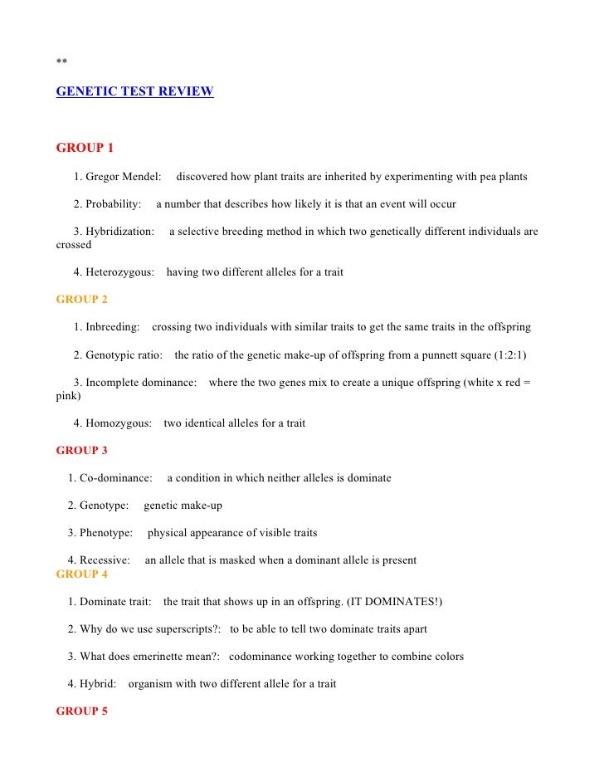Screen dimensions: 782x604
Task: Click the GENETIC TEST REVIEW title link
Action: (x=134, y=91)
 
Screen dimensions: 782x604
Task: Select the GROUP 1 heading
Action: (x=85, y=148)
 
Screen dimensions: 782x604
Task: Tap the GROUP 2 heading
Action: (x=81, y=299)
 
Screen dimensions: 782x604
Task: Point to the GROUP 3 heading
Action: (x=81, y=451)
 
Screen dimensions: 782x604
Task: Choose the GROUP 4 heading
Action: (x=81, y=574)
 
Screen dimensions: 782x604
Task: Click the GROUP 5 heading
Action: (x=81, y=711)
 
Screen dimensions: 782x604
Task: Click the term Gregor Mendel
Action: (x=123, y=177)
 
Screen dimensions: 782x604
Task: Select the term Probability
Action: (x=113, y=203)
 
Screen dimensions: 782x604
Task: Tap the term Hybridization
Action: (x=119, y=232)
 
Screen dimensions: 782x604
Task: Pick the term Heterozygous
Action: (x=119, y=272)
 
